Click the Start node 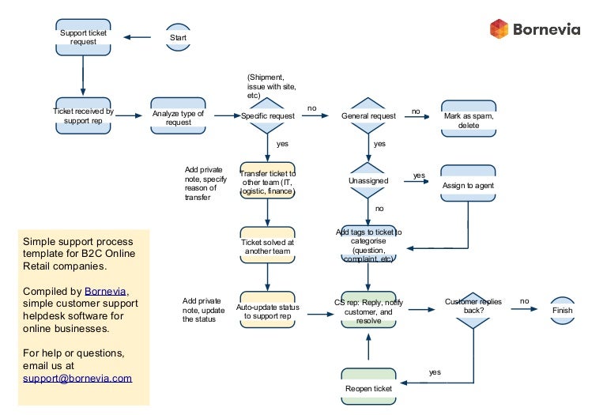coord(178,37)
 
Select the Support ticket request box coord(83,37)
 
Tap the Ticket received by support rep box coord(83,116)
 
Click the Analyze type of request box coord(178,116)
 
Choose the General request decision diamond coord(368,116)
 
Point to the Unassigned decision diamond coord(368,180)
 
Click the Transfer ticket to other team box coord(267,183)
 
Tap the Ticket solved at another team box coord(267,246)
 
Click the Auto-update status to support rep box coord(267,311)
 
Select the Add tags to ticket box coord(368,244)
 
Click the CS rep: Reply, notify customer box coord(368,311)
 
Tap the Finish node coord(562,311)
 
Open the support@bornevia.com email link coord(77,378)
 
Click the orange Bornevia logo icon coord(499,29)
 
